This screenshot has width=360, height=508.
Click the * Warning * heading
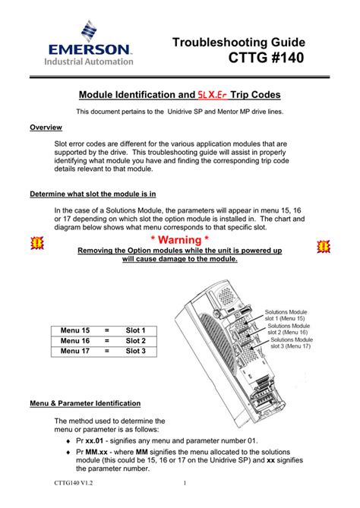[180, 241]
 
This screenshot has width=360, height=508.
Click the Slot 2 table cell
[135, 341]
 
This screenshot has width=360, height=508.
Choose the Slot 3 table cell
[135, 351]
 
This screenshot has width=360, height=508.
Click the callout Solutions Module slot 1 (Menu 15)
[287, 315]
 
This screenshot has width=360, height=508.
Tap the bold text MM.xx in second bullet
[100, 453]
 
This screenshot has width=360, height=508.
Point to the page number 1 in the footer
[185, 483]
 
